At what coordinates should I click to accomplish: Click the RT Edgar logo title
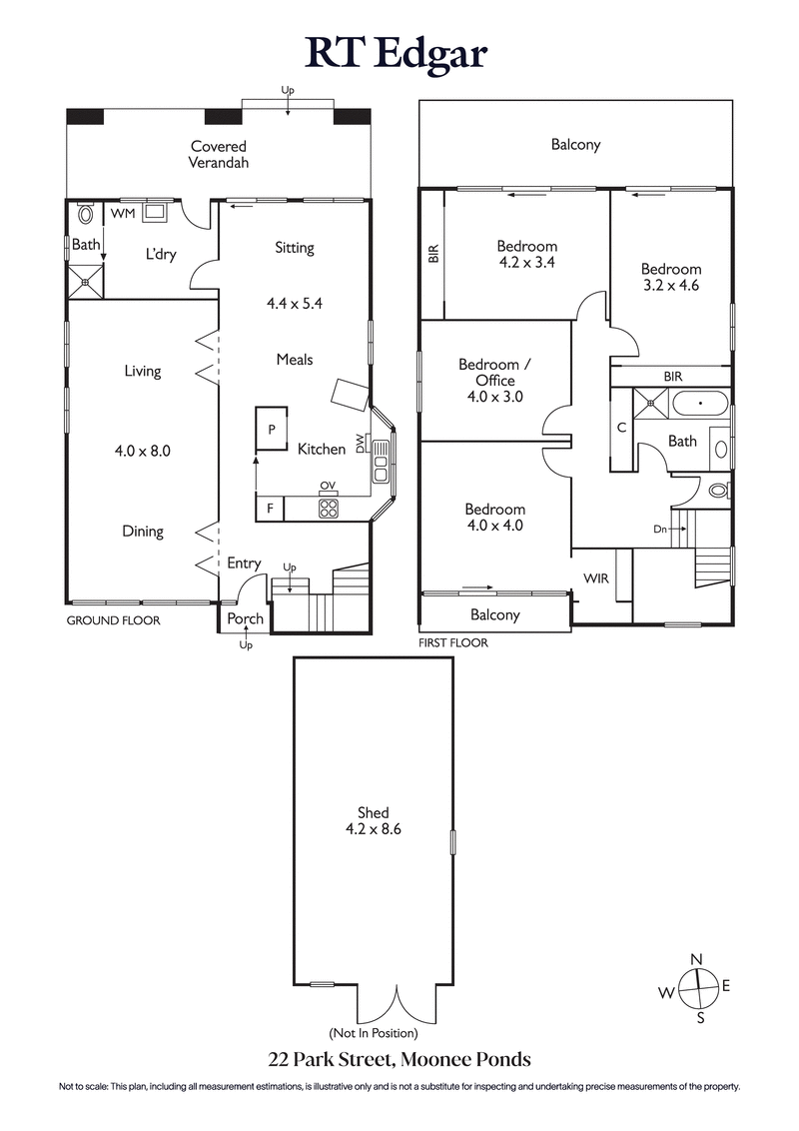click(x=399, y=52)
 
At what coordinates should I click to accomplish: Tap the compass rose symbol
click(x=698, y=988)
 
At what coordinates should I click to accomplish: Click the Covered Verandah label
click(x=219, y=154)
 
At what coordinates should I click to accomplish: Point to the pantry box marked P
click(x=271, y=429)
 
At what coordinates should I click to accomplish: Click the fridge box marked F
click(x=270, y=509)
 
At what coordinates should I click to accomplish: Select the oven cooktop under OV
click(x=328, y=508)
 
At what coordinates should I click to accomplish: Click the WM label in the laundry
click(x=122, y=214)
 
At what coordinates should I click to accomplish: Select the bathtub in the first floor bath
click(x=699, y=405)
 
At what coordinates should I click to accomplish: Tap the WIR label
click(x=596, y=578)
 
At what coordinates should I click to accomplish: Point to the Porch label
click(x=245, y=618)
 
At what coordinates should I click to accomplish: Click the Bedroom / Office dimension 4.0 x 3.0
click(x=495, y=397)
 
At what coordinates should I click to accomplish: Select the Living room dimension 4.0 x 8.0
click(x=143, y=451)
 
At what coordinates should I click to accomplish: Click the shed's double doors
click(x=398, y=1004)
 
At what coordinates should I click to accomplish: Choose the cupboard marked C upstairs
click(x=621, y=429)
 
